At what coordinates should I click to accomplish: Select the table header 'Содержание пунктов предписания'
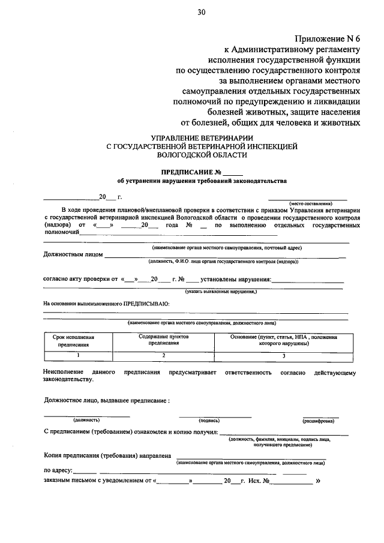164,340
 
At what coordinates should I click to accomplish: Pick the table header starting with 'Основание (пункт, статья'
284,340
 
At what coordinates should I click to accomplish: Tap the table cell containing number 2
164,355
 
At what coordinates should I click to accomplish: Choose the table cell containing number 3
284,355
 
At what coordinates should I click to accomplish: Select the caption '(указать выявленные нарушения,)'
221,291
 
